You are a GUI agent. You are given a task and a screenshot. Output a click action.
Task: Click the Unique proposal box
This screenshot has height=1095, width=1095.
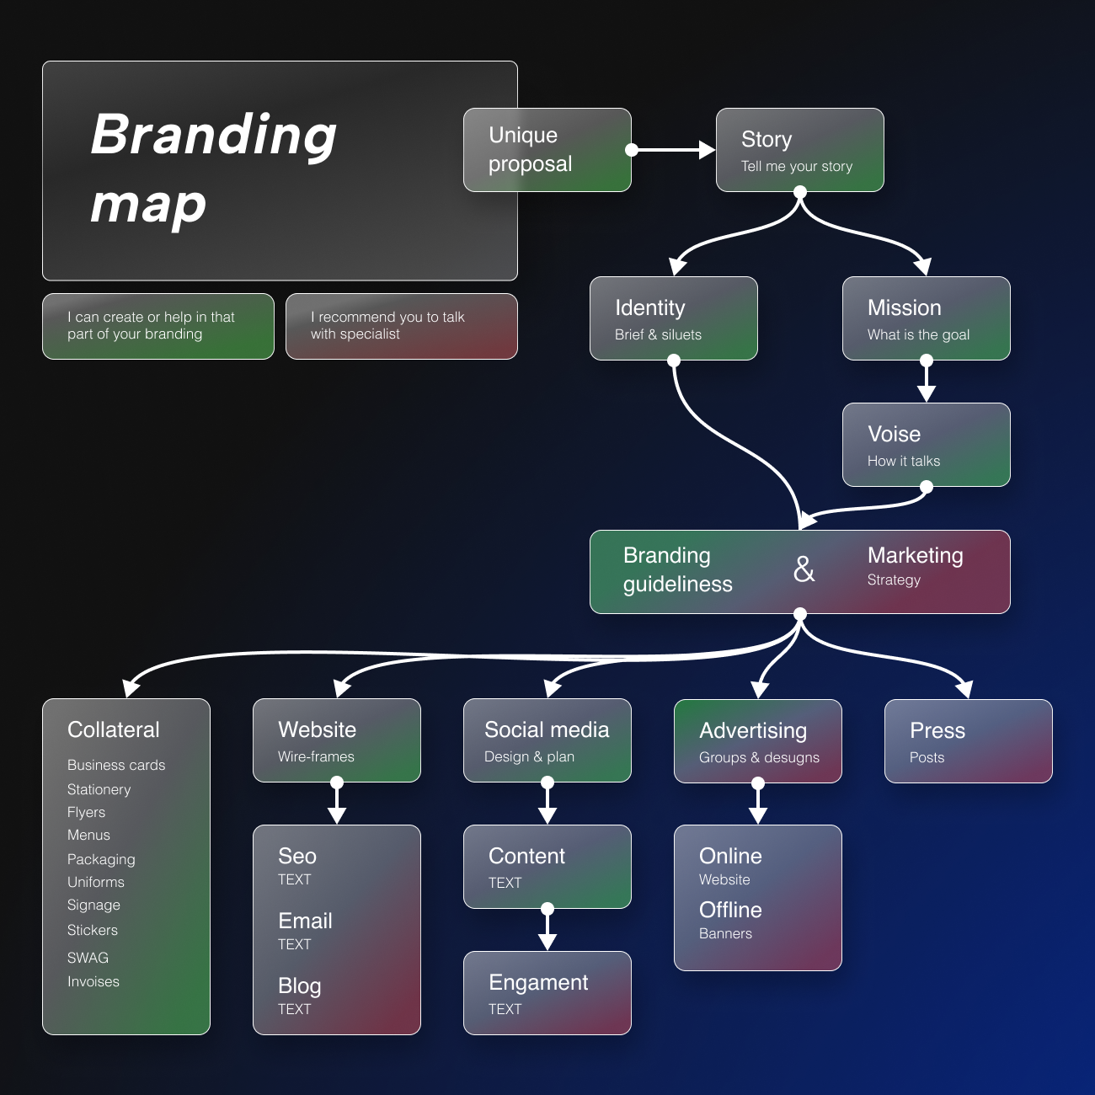pos(547,150)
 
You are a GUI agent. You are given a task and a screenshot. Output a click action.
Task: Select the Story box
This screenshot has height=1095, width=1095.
pos(799,150)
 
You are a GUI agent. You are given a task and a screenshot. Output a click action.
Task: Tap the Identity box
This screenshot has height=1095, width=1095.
pos(673,318)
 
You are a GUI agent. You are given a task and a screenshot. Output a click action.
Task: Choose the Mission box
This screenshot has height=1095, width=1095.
pos(926,318)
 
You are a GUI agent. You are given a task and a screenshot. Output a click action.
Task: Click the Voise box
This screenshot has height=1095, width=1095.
pos(926,445)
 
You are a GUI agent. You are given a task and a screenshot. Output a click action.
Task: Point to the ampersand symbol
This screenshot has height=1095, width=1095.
pos(804,570)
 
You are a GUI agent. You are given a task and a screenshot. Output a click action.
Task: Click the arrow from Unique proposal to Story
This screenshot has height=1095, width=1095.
pos(674,150)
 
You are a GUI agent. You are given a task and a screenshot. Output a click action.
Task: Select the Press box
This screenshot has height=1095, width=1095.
pos(968,741)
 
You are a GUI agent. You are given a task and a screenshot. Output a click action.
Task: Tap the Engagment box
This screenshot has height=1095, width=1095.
pos(547,992)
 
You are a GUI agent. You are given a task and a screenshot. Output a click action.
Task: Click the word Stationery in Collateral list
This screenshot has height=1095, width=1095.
pos(99,789)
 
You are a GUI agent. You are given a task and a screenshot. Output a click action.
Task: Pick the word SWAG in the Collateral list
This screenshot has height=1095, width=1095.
pos(88,958)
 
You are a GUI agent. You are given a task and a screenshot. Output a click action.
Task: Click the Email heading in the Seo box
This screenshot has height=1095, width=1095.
pos(305,921)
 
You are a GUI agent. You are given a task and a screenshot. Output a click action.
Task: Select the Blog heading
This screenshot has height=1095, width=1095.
pos(299,985)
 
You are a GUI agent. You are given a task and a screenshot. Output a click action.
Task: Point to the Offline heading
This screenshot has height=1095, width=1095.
pos(730,910)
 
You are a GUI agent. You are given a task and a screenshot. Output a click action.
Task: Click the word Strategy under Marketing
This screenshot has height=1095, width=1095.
pos(894,580)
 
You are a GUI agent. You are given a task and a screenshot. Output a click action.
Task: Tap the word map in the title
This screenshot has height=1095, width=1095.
pos(148,205)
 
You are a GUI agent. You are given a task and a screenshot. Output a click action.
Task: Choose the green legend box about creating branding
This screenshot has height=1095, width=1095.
pos(158,326)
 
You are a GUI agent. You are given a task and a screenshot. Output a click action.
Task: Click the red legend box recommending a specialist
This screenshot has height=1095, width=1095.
pos(401,326)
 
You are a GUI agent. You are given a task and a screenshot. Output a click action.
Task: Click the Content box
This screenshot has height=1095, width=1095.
pos(547,866)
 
